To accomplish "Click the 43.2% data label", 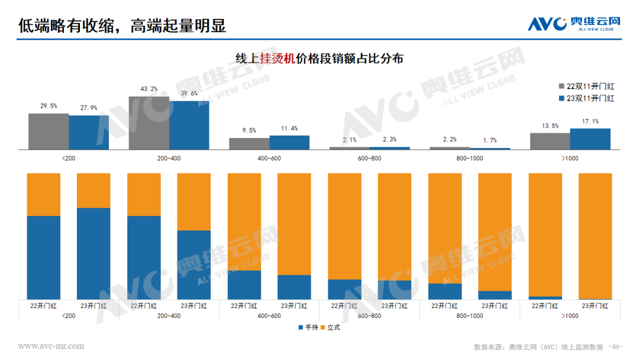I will [x=149, y=89].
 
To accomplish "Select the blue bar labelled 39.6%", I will [x=189, y=125].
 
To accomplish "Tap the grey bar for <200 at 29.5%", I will [x=49, y=131].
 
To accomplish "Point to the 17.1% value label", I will [x=590, y=121].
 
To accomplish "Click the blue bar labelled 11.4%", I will [x=289, y=142].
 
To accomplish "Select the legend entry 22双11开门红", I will [x=586, y=86].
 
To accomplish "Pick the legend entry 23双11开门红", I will [x=586, y=98].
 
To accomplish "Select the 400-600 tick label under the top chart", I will [x=269, y=158].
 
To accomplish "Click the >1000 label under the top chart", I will [x=570, y=158].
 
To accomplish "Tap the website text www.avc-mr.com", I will [x=51, y=346].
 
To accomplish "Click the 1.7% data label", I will [x=490, y=140].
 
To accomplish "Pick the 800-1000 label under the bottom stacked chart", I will [x=469, y=316].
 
